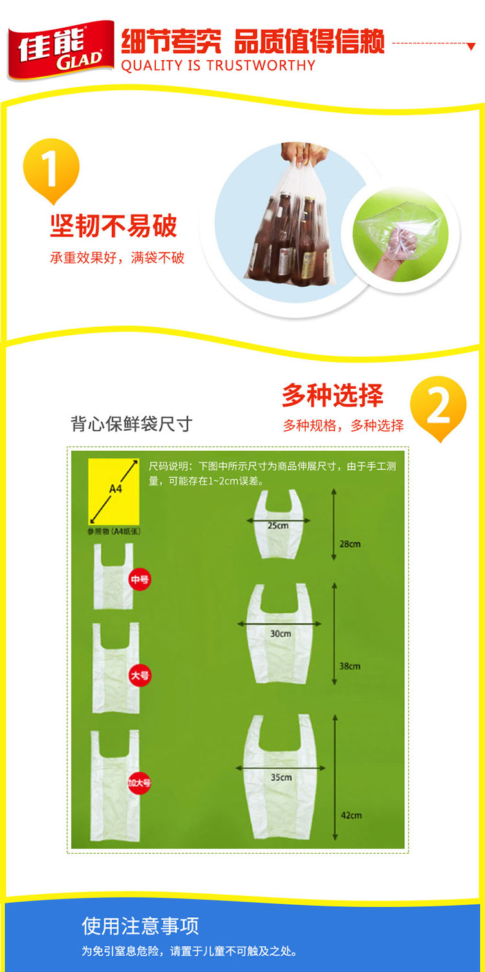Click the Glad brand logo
(61, 50)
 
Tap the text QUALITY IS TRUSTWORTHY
(218, 65)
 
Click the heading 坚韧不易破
(114, 225)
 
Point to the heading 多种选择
(332, 395)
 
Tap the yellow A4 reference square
(114, 491)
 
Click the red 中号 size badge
(140, 579)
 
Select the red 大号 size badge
(140, 675)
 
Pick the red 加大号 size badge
(139, 783)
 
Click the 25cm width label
(278, 526)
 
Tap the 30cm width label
(280, 634)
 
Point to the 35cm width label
(281, 777)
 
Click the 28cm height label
(350, 544)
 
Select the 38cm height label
(350, 666)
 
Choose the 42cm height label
(351, 815)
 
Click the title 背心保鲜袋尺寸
(131, 424)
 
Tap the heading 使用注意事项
(140, 925)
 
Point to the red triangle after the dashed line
(471, 47)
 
